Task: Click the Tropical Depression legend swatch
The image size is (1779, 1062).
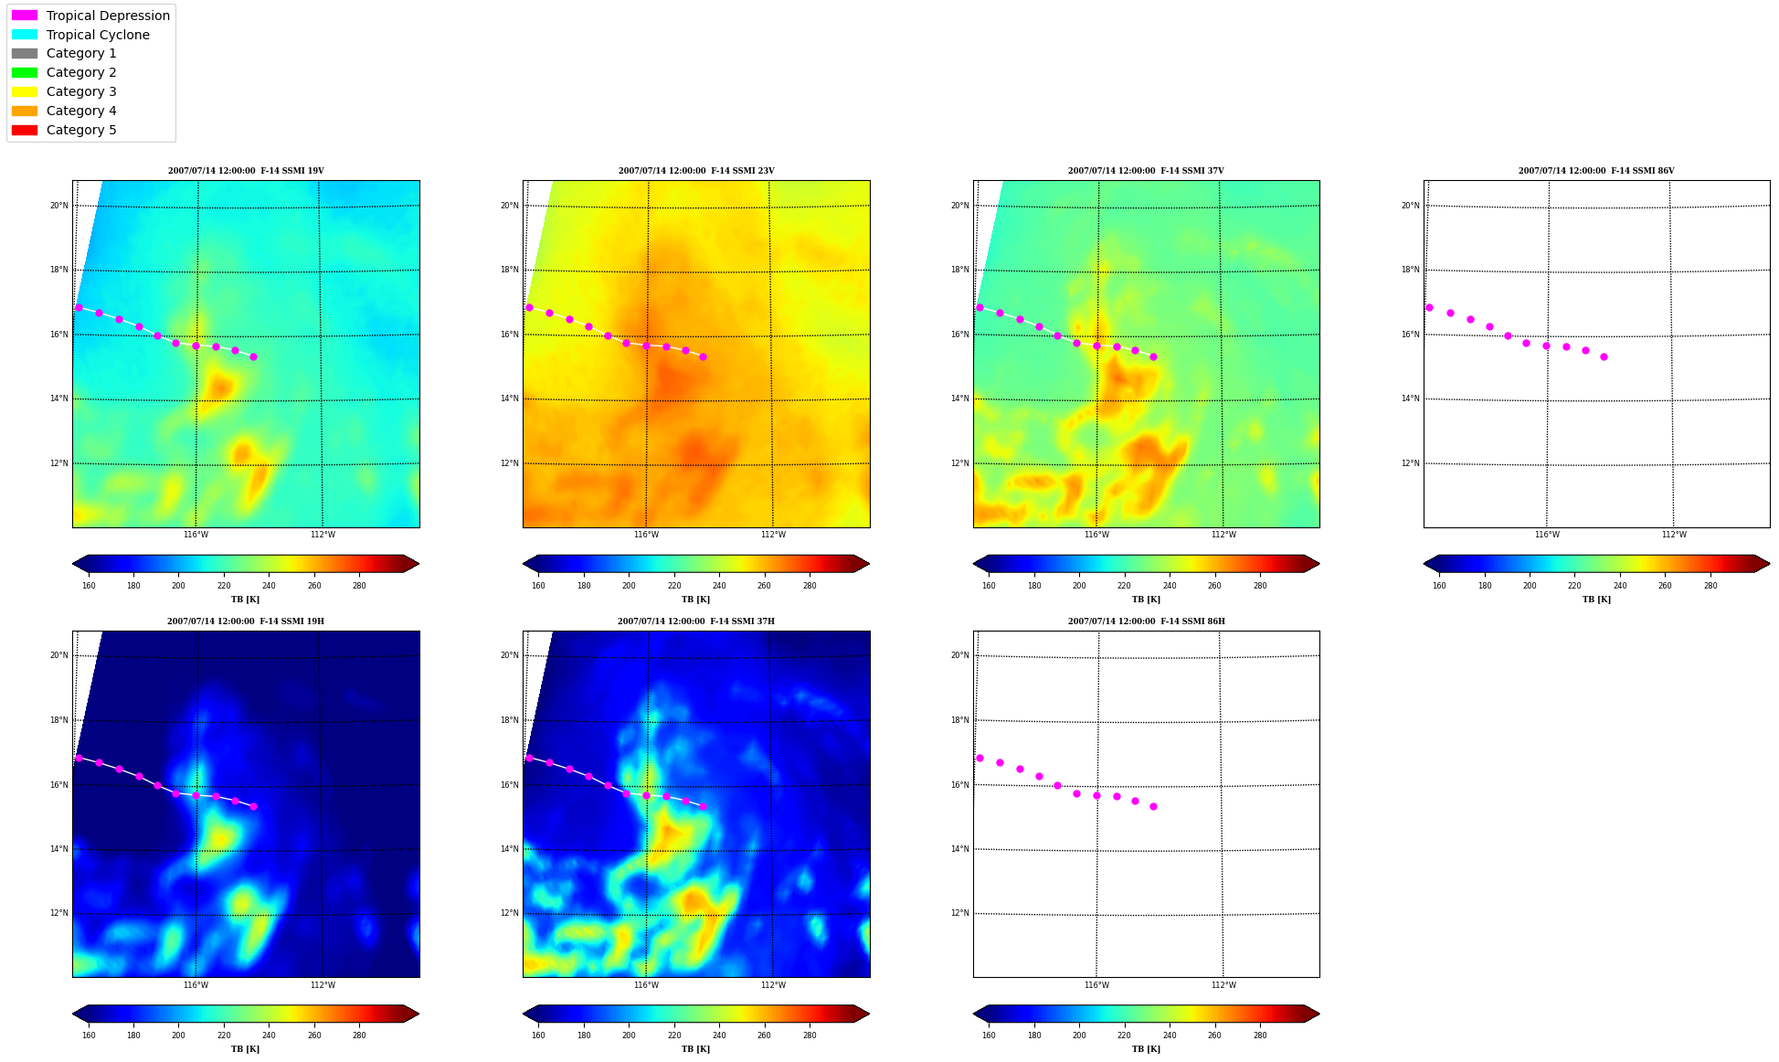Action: click(x=25, y=16)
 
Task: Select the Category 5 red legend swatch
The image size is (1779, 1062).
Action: click(x=25, y=130)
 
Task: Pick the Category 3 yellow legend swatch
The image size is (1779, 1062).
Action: click(x=25, y=91)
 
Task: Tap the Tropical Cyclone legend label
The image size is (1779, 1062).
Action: click(x=98, y=35)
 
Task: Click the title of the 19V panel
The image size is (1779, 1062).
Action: click(x=246, y=171)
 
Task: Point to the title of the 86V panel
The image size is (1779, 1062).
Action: click(x=1596, y=171)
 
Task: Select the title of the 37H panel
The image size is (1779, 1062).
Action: click(x=696, y=621)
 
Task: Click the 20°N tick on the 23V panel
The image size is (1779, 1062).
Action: click(x=509, y=206)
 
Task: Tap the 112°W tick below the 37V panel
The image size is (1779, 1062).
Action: click(x=1223, y=535)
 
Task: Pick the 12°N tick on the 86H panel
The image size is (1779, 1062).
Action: click(x=959, y=913)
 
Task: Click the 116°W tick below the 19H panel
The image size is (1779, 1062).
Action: click(x=196, y=985)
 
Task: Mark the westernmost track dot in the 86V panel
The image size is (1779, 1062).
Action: click(x=1429, y=307)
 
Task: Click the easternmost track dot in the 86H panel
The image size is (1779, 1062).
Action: click(x=1153, y=806)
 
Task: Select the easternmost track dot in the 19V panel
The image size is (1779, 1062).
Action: click(x=253, y=356)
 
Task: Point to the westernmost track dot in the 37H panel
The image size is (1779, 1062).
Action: click(x=529, y=758)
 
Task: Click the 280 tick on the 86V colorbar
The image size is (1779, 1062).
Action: click(x=1710, y=586)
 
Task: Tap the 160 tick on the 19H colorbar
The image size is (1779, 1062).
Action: click(x=89, y=1035)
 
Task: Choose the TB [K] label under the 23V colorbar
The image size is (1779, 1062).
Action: click(x=695, y=600)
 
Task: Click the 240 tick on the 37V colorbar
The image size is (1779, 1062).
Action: click(x=1170, y=586)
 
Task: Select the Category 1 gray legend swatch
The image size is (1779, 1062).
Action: click(x=25, y=53)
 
